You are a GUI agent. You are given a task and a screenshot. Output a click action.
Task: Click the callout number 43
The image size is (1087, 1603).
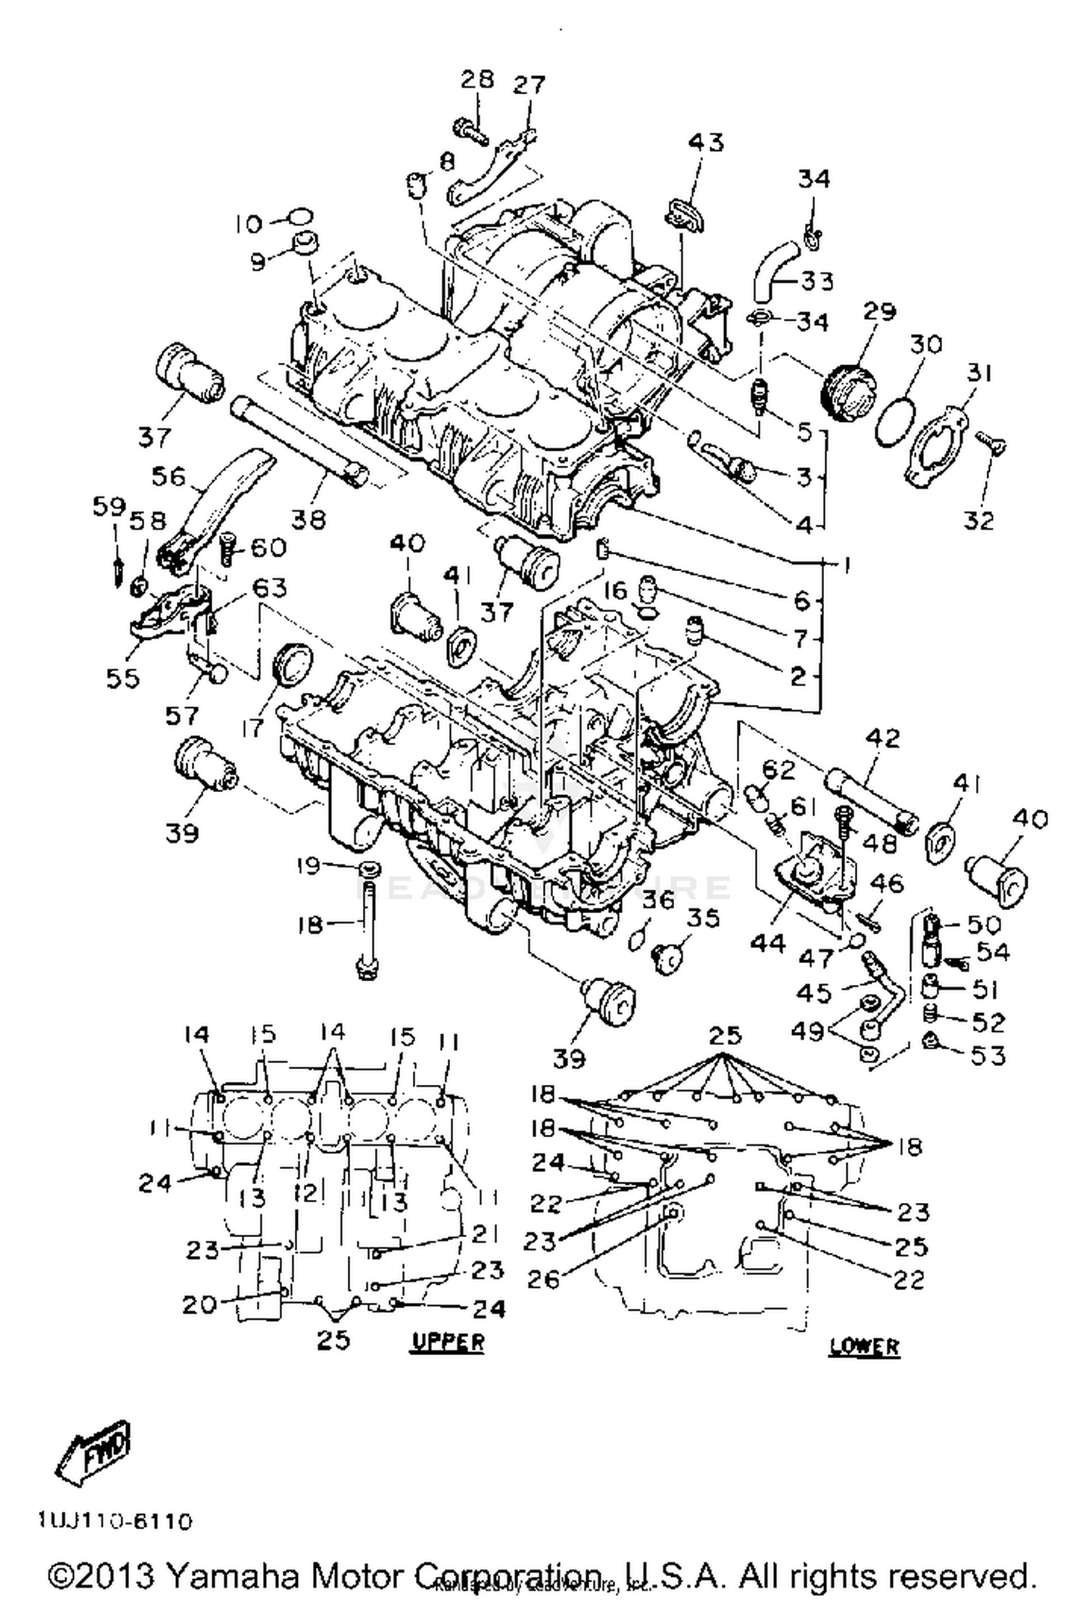[705, 142]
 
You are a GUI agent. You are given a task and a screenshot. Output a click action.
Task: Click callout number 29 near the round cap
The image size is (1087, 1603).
[879, 312]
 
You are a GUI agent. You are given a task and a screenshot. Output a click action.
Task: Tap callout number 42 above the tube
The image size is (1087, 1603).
[882, 738]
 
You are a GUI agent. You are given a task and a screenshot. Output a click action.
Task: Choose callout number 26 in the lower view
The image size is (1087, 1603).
[543, 1279]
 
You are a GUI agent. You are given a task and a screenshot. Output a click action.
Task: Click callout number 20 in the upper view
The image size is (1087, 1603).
[199, 1304]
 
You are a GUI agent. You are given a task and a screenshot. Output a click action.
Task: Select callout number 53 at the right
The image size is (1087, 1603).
[988, 1055]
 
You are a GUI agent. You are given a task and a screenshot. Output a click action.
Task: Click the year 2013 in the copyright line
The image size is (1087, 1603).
[116, 1575]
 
